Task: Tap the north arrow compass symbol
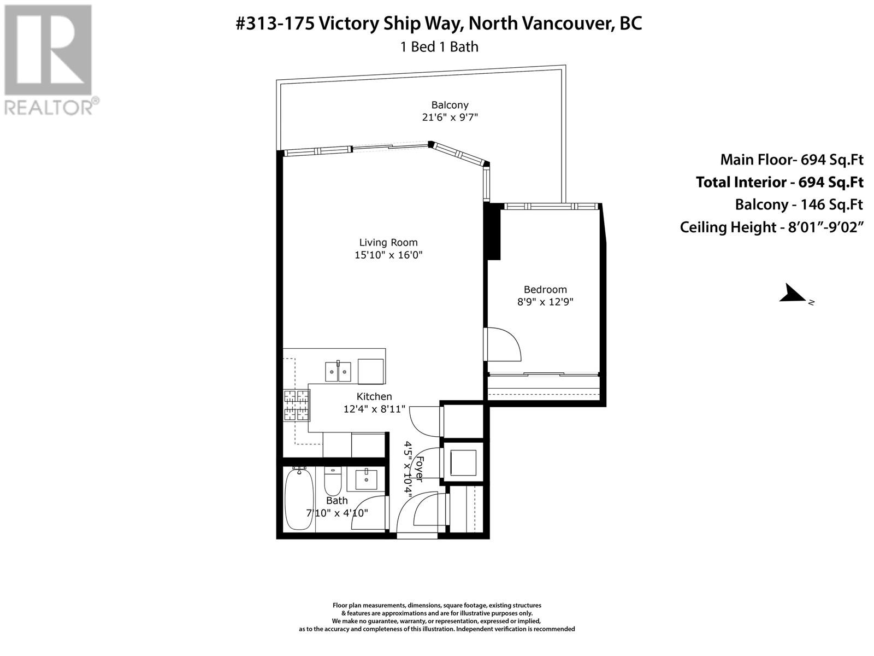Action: click(x=793, y=294)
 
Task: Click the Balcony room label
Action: click(x=450, y=105)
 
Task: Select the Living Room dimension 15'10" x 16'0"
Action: click(x=388, y=255)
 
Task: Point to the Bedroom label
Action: click(x=545, y=290)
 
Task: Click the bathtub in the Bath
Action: click(x=299, y=499)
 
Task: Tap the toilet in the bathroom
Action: click(x=333, y=481)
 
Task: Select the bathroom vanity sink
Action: click(x=366, y=479)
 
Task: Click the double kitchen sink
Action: click(x=338, y=371)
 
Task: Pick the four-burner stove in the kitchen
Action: click(x=297, y=406)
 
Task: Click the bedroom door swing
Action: click(x=504, y=344)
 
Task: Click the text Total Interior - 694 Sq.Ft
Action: click(x=779, y=183)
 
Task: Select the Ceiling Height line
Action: click(x=772, y=227)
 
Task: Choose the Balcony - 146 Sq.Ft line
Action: click(x=799, y=204)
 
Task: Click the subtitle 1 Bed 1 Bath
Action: click(x=439, y=47)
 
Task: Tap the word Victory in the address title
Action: click(x=349, y=24)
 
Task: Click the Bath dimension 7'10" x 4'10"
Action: click(x=337, y=513)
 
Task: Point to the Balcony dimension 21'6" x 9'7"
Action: click(x=450, y=117)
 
